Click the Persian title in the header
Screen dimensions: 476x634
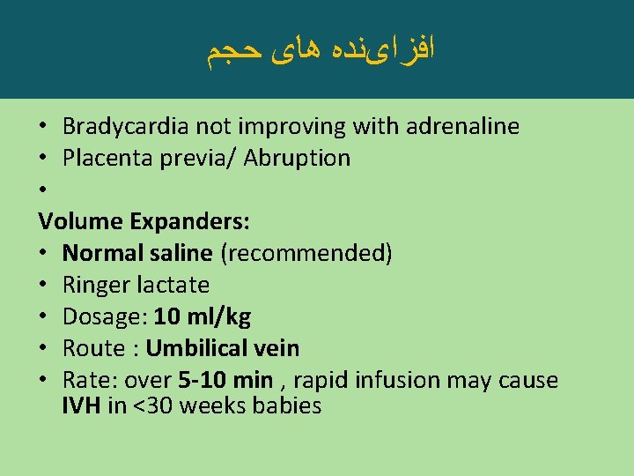321,49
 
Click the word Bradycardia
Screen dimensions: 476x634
125,127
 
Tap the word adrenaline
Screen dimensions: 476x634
463,127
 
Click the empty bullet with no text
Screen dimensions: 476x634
44,190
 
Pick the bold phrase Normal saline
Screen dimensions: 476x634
137,254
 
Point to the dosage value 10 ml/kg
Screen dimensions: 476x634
202,317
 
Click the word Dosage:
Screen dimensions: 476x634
105,317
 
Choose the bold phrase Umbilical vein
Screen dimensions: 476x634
223,349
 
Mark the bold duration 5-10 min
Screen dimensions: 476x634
225,381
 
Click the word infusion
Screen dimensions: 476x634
398,381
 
